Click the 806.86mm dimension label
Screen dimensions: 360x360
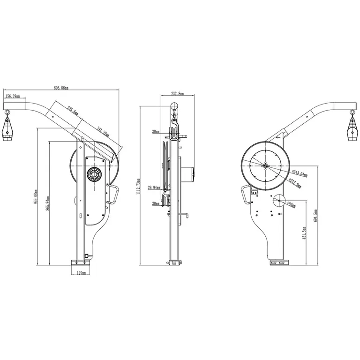click(61, 88)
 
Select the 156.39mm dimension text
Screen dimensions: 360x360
click(12, 96)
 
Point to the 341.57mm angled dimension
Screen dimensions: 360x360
click(103, 131)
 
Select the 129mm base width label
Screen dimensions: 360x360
click(81, 273)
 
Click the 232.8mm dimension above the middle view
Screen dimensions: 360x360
click(177, 94)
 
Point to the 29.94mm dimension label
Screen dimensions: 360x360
click(154, 187)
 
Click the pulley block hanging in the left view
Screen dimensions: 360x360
click(7, 129)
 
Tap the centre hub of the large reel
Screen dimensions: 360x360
click(265, 165)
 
